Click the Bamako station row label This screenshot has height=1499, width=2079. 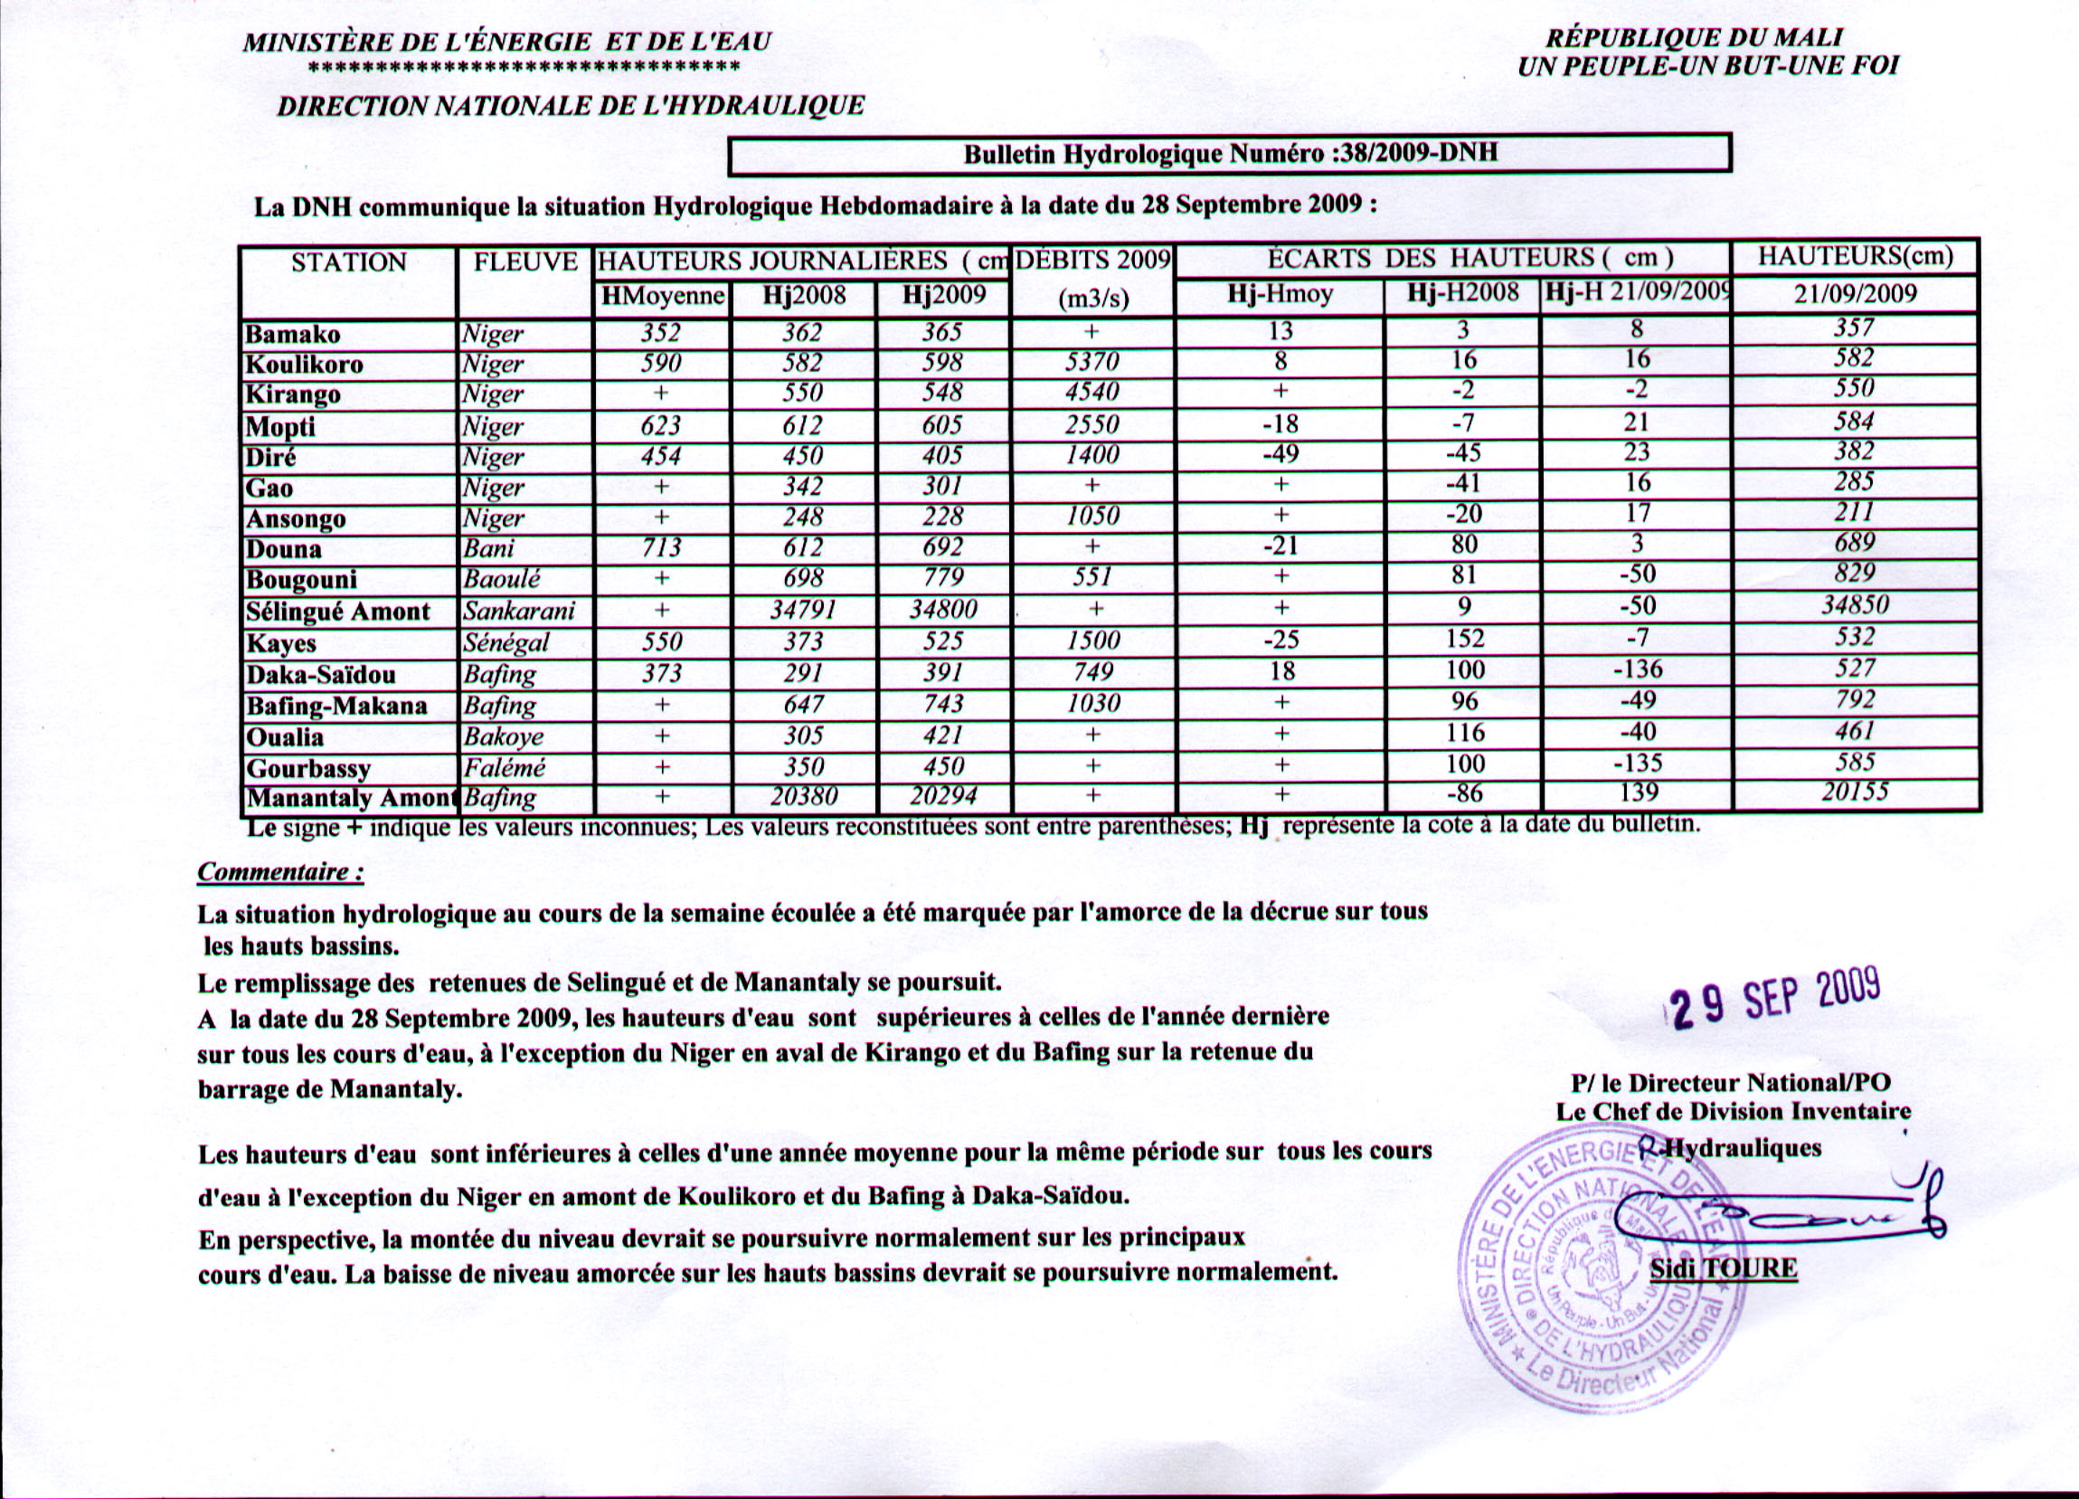(x=292, y=334)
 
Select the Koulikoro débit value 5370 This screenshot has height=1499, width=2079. (x=1091, y=362)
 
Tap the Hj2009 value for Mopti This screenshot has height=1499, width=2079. (x=942, y=424)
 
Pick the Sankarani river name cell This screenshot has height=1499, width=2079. (x=518, y=611)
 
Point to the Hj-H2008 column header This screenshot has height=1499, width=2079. (x=1463, y=294)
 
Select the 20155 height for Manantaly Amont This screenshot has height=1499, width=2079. (x=1855, y=792)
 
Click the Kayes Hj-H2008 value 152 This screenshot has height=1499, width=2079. (x=1464, y=638)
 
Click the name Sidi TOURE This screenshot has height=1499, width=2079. (x=1723, y=1269)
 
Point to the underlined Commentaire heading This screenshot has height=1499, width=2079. (x=279, y=871)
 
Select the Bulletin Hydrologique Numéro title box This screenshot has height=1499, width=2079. (x=1229, y=153)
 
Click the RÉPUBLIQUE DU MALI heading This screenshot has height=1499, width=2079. (x=1693, y=38)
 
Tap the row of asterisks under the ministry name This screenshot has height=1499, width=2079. (x=524, y=67)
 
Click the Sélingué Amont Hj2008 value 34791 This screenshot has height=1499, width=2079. (x=803, y=610)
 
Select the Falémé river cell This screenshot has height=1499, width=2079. (x=505, y=767)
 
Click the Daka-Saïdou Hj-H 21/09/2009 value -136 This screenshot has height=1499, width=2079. (x=1637, y=669)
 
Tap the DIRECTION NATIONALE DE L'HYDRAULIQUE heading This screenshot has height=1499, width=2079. (x=571, y=107)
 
